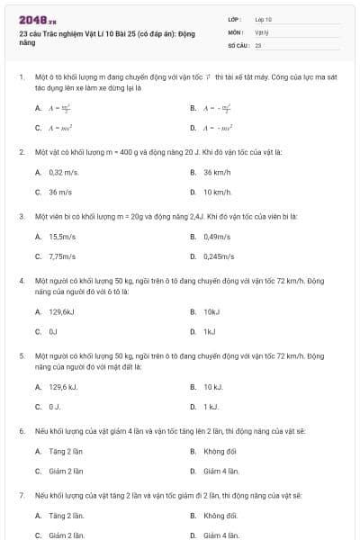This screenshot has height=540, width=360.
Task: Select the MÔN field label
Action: pos(235,31)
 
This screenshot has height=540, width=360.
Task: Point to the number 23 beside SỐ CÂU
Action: pos(258,44)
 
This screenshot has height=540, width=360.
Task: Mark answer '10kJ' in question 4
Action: pos(211,311)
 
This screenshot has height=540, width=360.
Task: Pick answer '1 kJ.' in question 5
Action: pos(212,407)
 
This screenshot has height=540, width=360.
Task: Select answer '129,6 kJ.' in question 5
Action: pos(64,387)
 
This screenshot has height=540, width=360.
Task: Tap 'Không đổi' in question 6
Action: pos(220,451)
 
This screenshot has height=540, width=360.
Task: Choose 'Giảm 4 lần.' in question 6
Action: pos(221,471)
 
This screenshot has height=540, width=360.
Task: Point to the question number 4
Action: pos(21,281)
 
